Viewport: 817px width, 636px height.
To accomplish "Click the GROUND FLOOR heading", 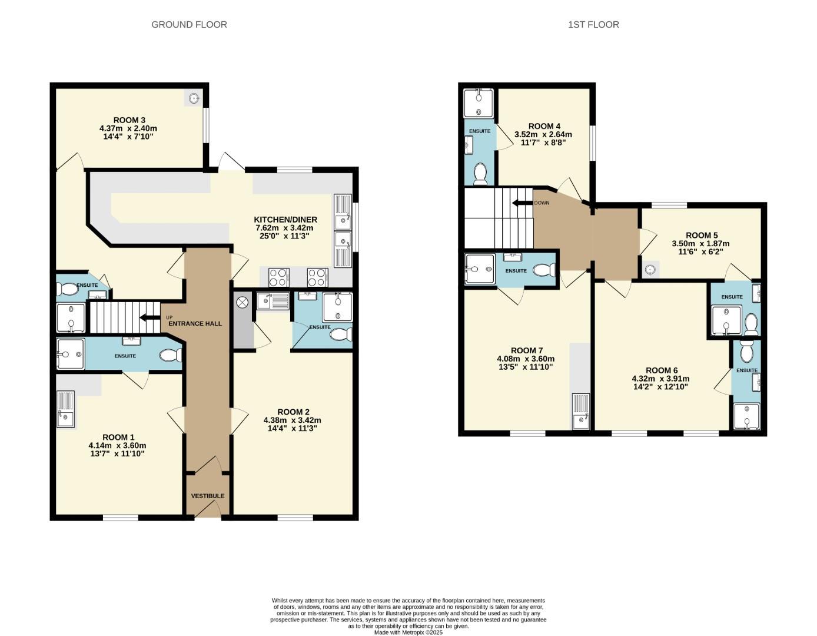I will [x=189, y=24].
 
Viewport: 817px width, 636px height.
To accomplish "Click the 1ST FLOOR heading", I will [x=593, y=24].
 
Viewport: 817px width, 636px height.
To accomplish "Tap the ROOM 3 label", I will [x=129, y=120].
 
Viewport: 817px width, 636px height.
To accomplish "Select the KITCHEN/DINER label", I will [x=285, y=220].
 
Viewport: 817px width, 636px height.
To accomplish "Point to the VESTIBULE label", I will [x=208, y=496].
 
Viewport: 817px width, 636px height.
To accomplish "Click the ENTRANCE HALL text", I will [x=195, y=323].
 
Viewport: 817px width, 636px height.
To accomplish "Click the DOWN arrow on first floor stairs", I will [x=522, y=203].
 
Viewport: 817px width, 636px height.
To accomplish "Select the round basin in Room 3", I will [x=194, y=99].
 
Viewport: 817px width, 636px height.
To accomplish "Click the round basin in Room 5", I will [x=650, y=270].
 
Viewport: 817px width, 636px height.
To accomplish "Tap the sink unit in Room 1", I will [x=65, y=409].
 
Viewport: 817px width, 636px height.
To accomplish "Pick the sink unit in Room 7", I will [x=581, y=412].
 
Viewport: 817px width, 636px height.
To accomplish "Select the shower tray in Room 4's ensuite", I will [x=478, y=104].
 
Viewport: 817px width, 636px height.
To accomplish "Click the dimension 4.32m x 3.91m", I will [x=660, y=379].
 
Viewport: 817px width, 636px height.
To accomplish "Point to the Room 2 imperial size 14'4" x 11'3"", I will [x=293, y=428].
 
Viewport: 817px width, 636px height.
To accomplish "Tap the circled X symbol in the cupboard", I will [x=243, y=302].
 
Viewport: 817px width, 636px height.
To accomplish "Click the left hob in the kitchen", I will [x=279, y=277].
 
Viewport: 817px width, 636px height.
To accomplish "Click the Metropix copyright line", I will [x=408, y=632].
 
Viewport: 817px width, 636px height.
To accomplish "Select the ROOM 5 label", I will [x=702, y=235].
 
